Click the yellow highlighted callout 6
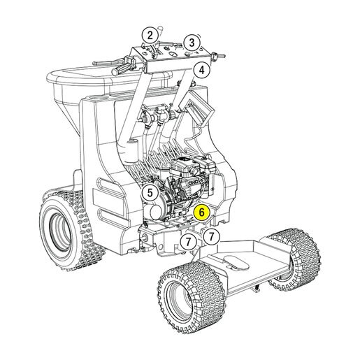[201, 213]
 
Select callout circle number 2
[150, 36]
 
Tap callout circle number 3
[192, 43]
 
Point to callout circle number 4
[202, 70]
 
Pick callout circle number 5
[150, 193]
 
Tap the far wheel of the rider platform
[295, 260]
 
